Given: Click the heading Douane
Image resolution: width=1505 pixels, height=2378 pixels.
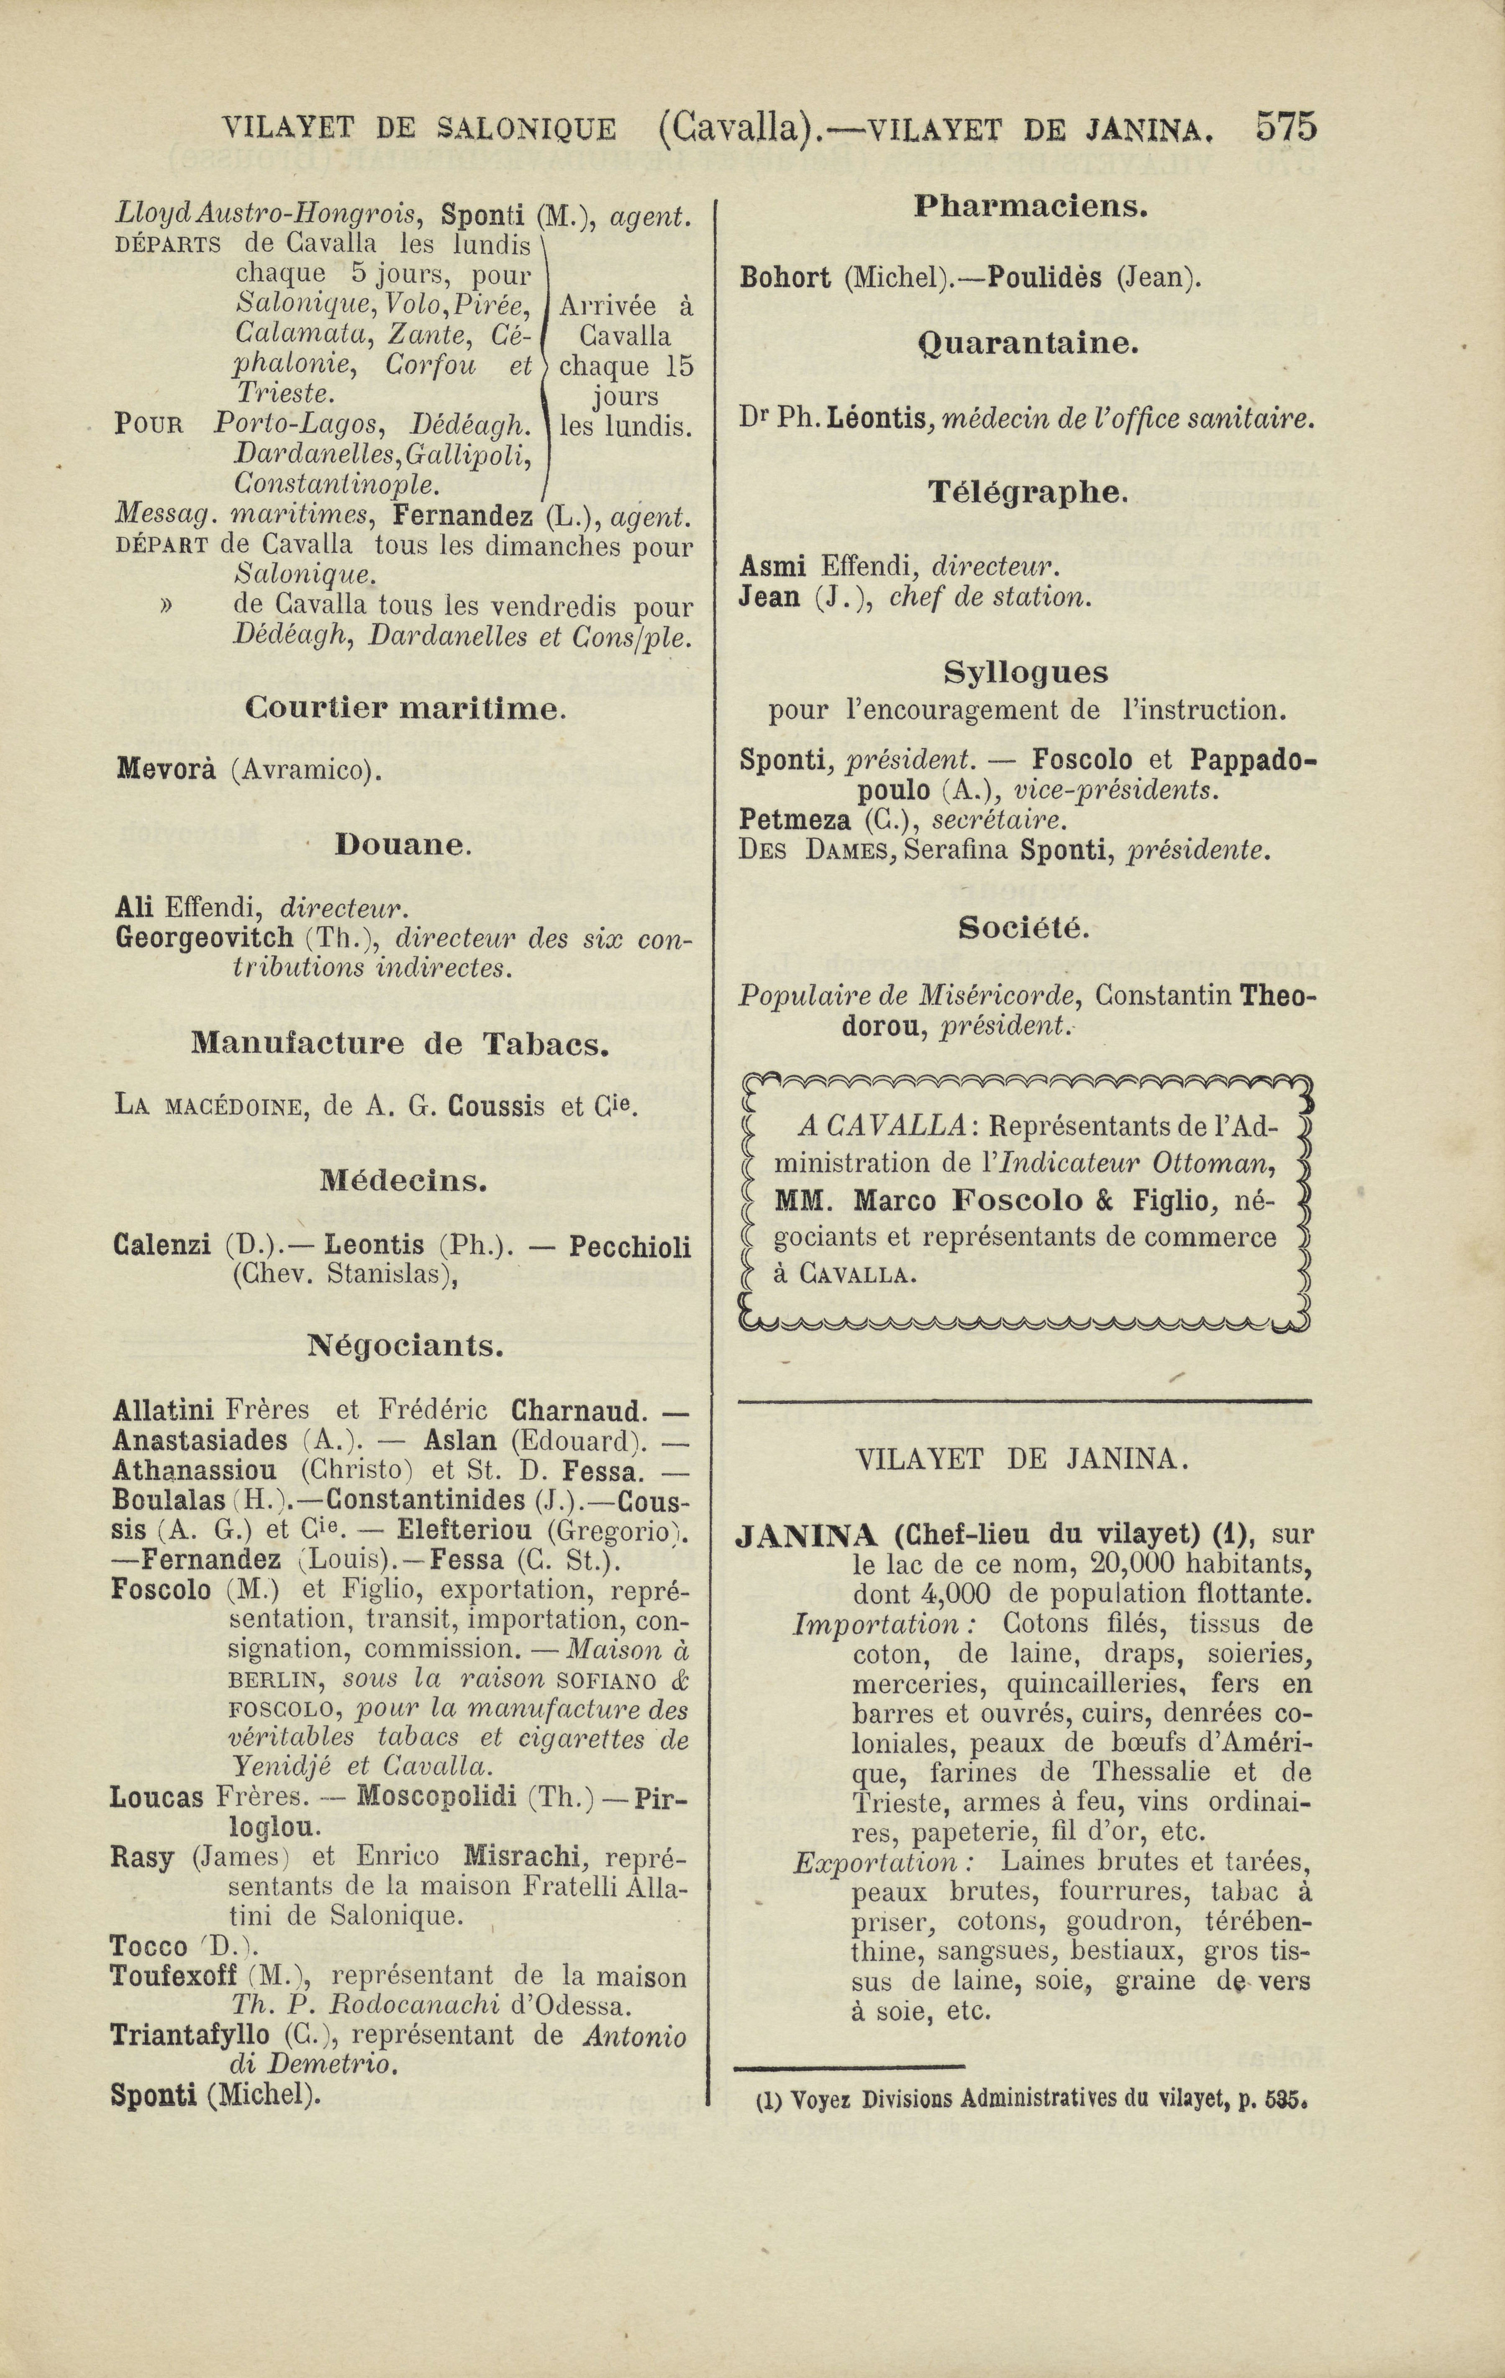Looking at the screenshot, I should point(404,846).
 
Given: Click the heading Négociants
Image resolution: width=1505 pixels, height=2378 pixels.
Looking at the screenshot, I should point(405,1345).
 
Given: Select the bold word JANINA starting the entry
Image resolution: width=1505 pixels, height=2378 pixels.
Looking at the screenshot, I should point(807,1535).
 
